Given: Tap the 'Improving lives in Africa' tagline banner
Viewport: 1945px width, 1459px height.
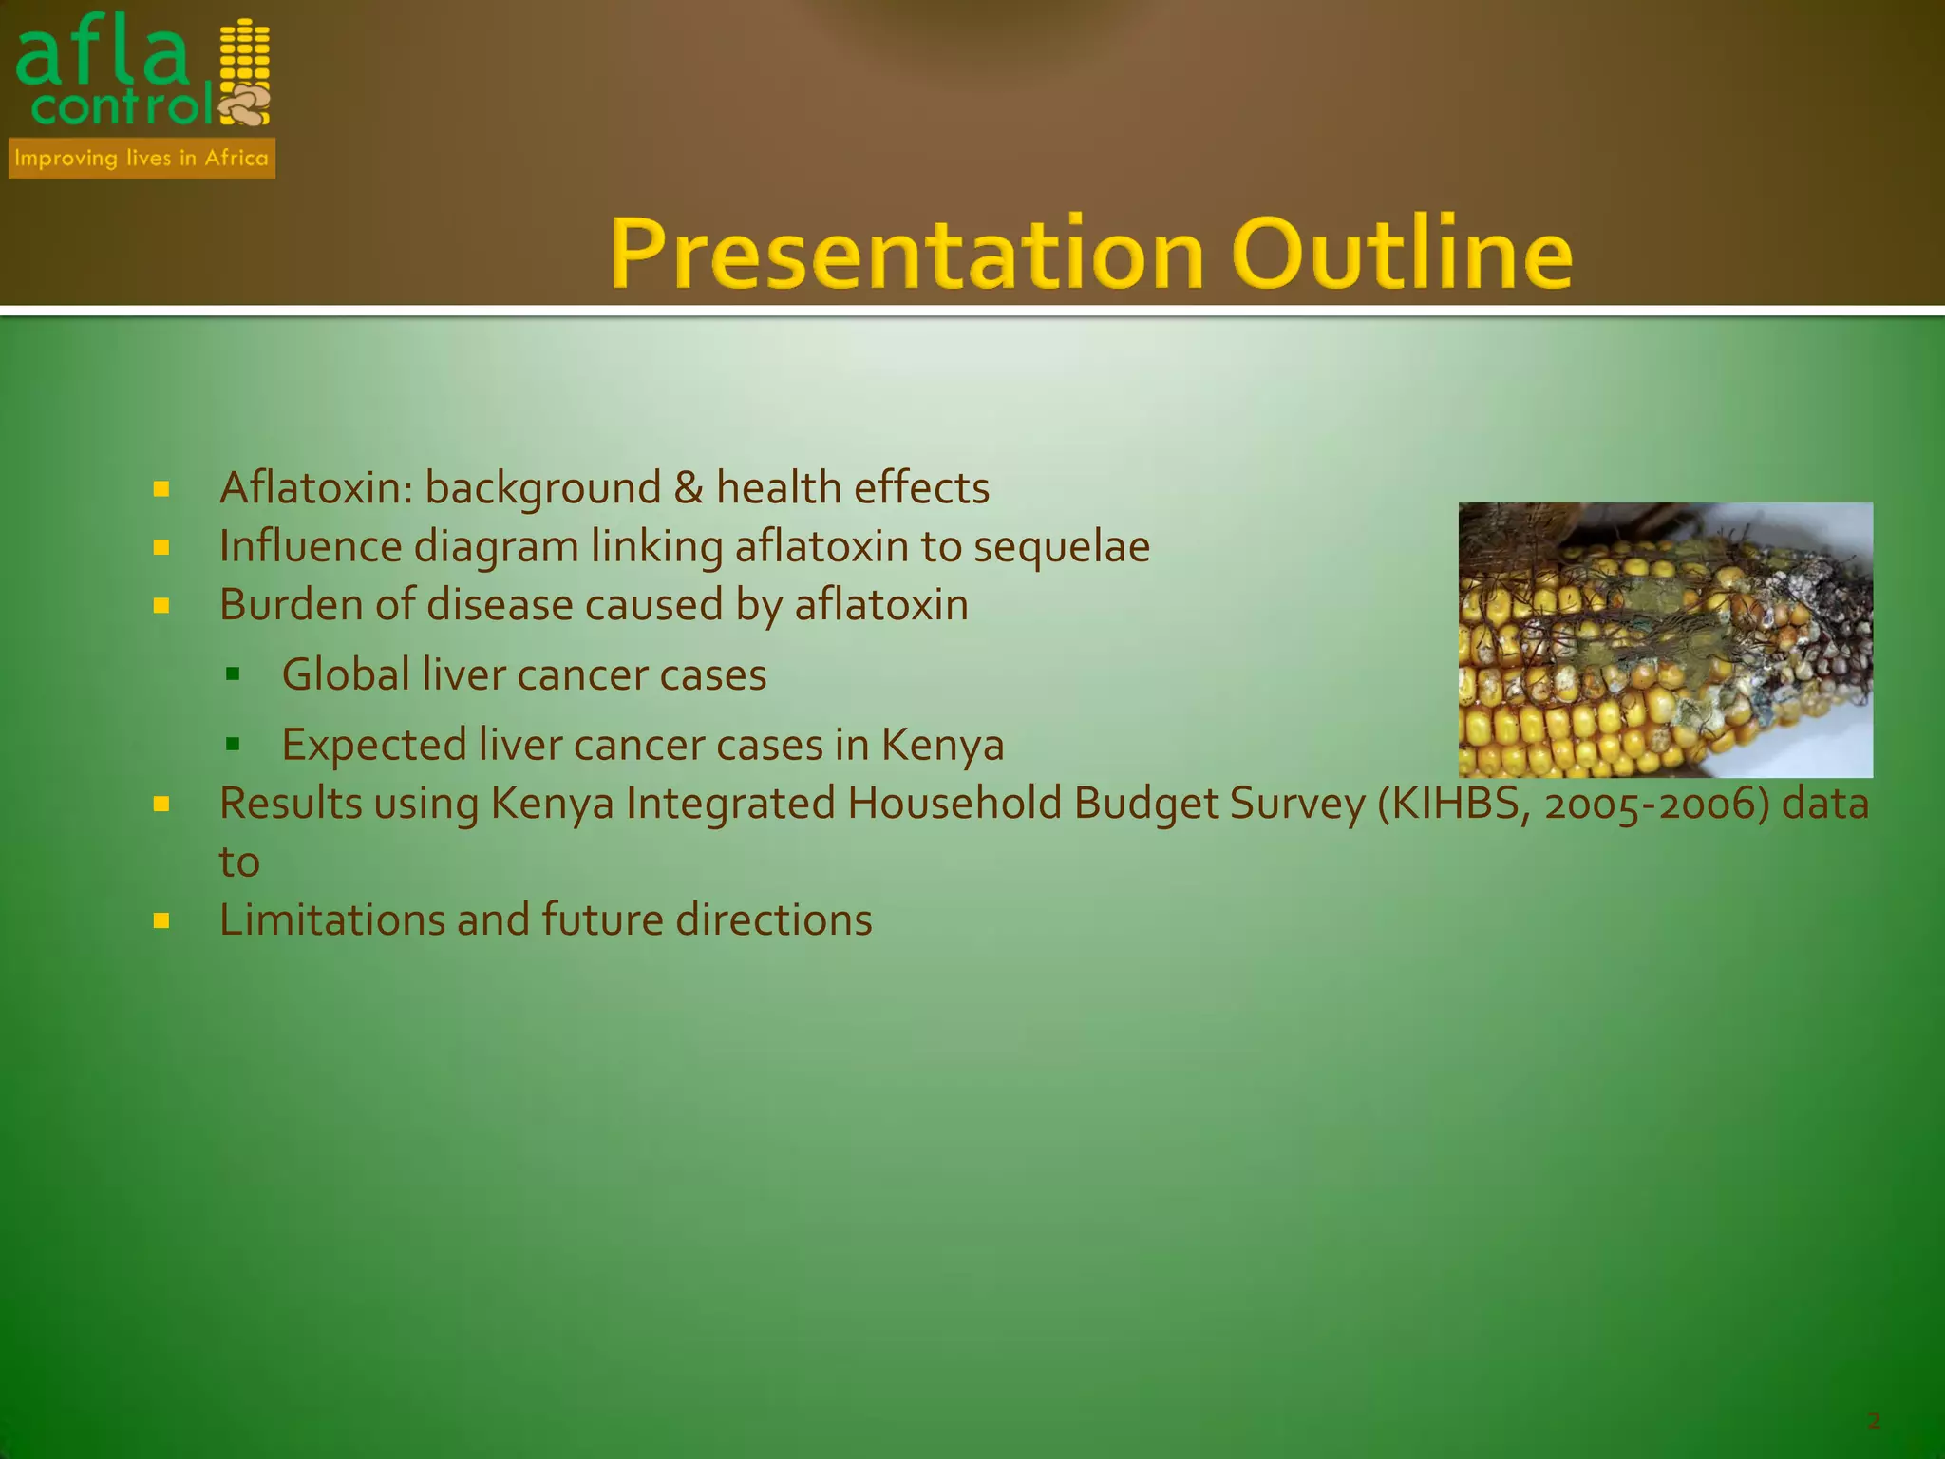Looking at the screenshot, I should click(142, 158).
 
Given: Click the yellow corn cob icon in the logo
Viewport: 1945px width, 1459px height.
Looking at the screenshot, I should click(244, 59).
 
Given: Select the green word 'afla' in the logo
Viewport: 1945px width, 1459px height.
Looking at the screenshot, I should click(103, 55).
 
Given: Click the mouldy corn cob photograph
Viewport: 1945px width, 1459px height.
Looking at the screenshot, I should click(1665, 639).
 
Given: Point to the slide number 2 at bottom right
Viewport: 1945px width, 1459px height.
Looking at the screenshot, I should click(1873, 1421).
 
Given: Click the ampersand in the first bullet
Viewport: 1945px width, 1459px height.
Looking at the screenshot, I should click(688, 488).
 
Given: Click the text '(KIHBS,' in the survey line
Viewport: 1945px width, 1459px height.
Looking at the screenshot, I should click(1453, 804).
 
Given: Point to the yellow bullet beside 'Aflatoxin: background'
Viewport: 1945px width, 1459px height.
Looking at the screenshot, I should click(161, 489).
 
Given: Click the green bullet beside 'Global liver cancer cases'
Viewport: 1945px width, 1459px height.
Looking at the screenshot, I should click(233, 674).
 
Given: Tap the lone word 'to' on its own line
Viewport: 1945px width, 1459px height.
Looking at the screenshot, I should click(239, 862).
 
